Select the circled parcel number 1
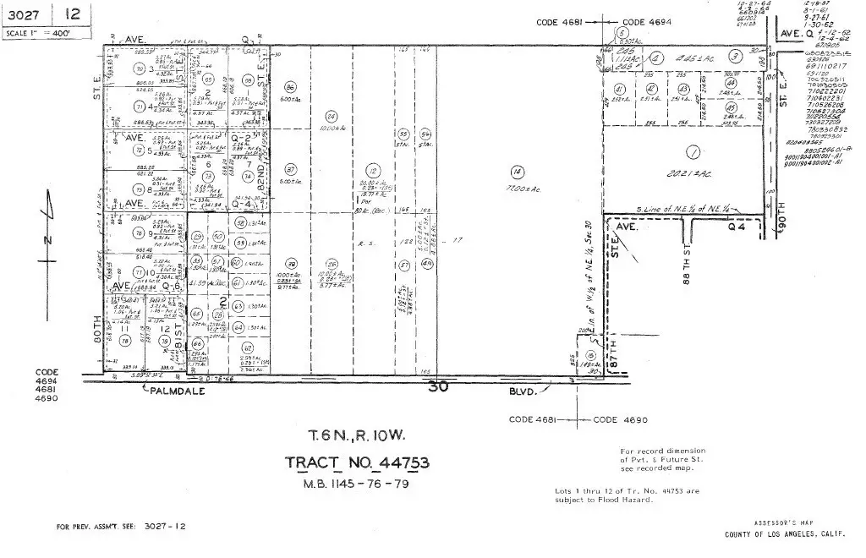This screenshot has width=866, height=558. [693, 153]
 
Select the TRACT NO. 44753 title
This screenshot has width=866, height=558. [356, 462]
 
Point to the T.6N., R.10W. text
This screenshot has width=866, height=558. [357, 437]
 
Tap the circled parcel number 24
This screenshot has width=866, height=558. [331, 116]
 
